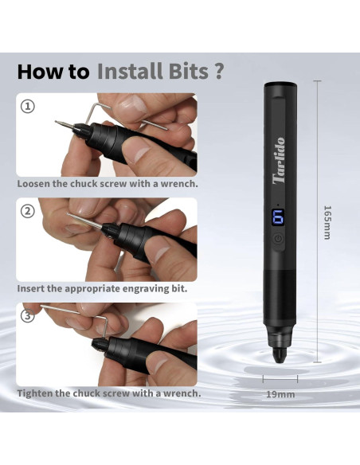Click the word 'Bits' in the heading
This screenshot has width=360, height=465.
coord(186,71)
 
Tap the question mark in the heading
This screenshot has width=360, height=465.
coord(218,71)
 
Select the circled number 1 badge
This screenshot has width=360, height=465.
coord(28,106)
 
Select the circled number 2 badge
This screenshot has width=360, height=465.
coord(28,211)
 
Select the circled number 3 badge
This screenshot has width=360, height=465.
coord(28,316)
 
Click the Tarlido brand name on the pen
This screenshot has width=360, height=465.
coord(278,164)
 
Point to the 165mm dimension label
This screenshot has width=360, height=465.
coord(327,222)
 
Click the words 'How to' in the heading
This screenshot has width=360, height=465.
coord(53,71)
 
